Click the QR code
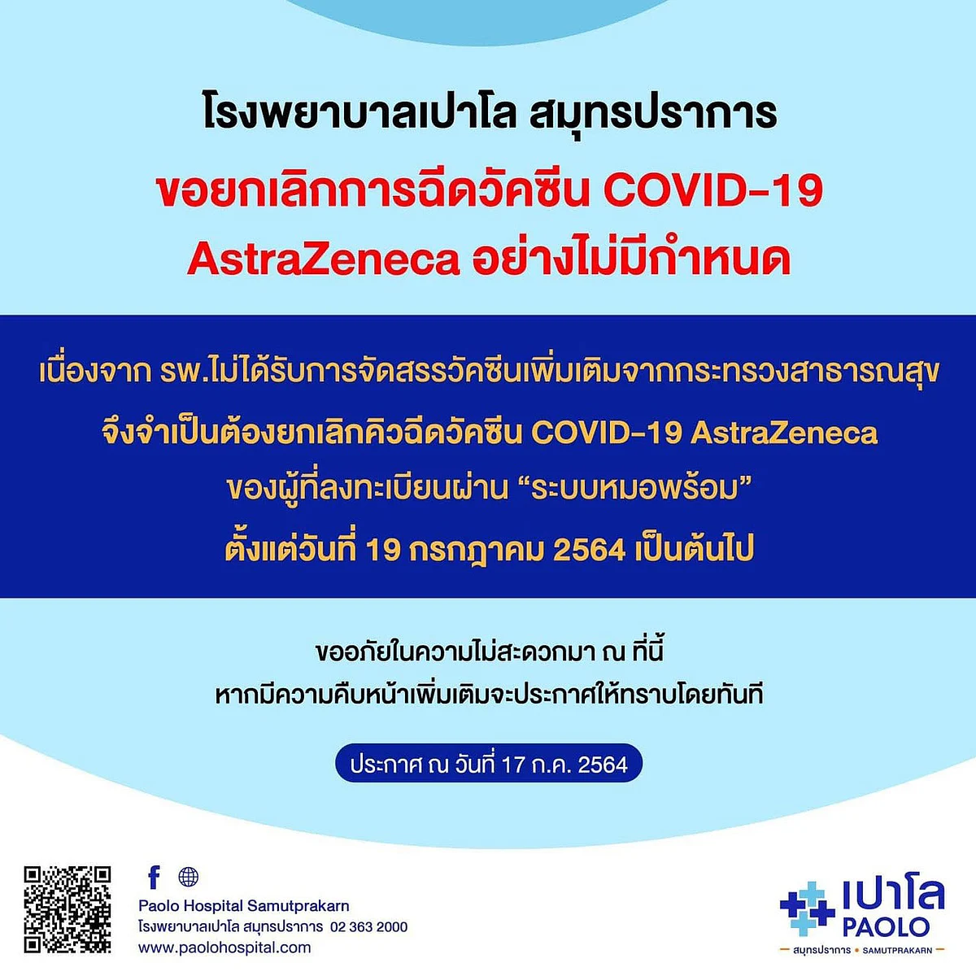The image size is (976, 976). click(67, 909)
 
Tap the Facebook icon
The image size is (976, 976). click(155, 877)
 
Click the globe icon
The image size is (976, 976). click(189, 877)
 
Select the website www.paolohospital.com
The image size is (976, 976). click(224, 948)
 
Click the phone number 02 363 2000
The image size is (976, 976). click(368, 926)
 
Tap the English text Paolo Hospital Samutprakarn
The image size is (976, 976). click(244, 905)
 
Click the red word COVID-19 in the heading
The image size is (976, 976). click(712, 191)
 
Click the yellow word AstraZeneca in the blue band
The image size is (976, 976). click(783, 434)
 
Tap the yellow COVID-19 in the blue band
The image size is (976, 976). click(605, 434)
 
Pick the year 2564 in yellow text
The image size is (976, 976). click(589, 550)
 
